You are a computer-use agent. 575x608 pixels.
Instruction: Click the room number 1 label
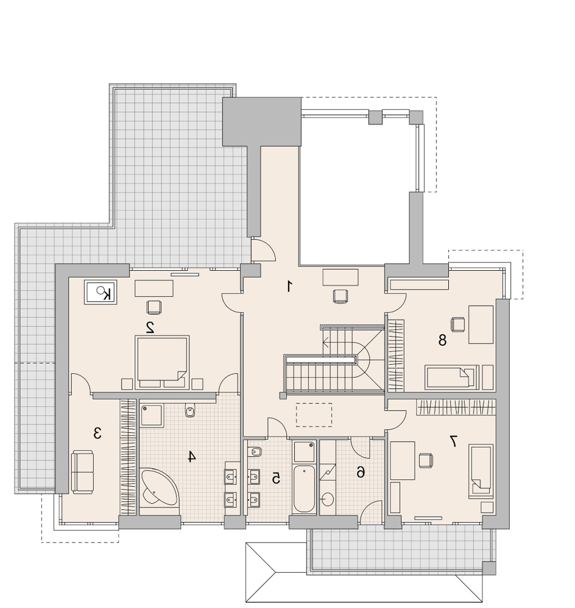(289, 287)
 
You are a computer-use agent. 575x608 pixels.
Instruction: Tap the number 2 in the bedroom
(150, 327)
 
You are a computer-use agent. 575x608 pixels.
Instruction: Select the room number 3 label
(97, 433)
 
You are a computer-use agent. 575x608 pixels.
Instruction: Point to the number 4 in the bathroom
(191, 456)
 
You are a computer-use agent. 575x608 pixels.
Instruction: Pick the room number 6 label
(360, 472)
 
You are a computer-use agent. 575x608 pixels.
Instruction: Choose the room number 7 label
(453, 441)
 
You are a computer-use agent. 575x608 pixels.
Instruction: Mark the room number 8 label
(442, 340)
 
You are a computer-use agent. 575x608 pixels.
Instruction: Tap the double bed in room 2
(162, 362)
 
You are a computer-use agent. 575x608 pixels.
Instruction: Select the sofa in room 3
(82, 472)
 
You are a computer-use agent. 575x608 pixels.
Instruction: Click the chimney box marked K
(101, 293)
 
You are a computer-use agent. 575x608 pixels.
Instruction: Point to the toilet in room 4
(189, 410)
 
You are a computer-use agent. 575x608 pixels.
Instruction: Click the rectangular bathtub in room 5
(305, 490)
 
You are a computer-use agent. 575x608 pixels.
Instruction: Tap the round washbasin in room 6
(328, 499)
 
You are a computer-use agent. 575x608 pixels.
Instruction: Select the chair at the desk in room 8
(457, 325)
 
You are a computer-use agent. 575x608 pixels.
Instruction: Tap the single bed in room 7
(481, 471)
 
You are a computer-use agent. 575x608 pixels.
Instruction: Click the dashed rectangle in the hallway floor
(314, 415)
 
